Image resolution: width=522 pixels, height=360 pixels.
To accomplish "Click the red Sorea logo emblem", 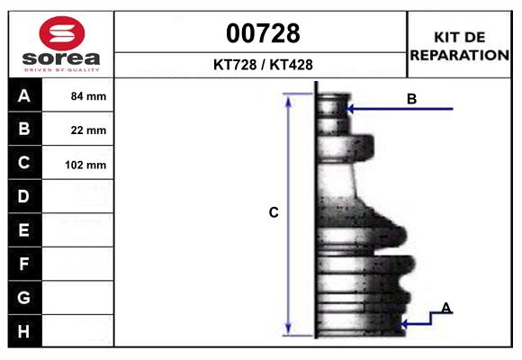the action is point(62,33).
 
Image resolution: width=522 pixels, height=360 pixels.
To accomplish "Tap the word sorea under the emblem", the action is point(61,58).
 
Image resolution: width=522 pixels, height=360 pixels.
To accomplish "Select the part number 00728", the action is point(263,33).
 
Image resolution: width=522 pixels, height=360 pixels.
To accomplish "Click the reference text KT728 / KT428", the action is point(263,65).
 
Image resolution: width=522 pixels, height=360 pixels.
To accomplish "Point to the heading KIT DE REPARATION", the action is point(459,46).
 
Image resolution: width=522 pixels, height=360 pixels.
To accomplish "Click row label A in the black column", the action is point(24,96).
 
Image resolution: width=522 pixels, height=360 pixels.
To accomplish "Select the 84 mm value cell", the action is point(88,96).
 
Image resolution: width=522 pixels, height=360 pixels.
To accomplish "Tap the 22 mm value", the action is point(88,130).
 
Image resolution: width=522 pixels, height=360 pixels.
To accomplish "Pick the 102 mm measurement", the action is point(85,165).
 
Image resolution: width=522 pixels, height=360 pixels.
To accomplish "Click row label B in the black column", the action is point(24,129).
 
